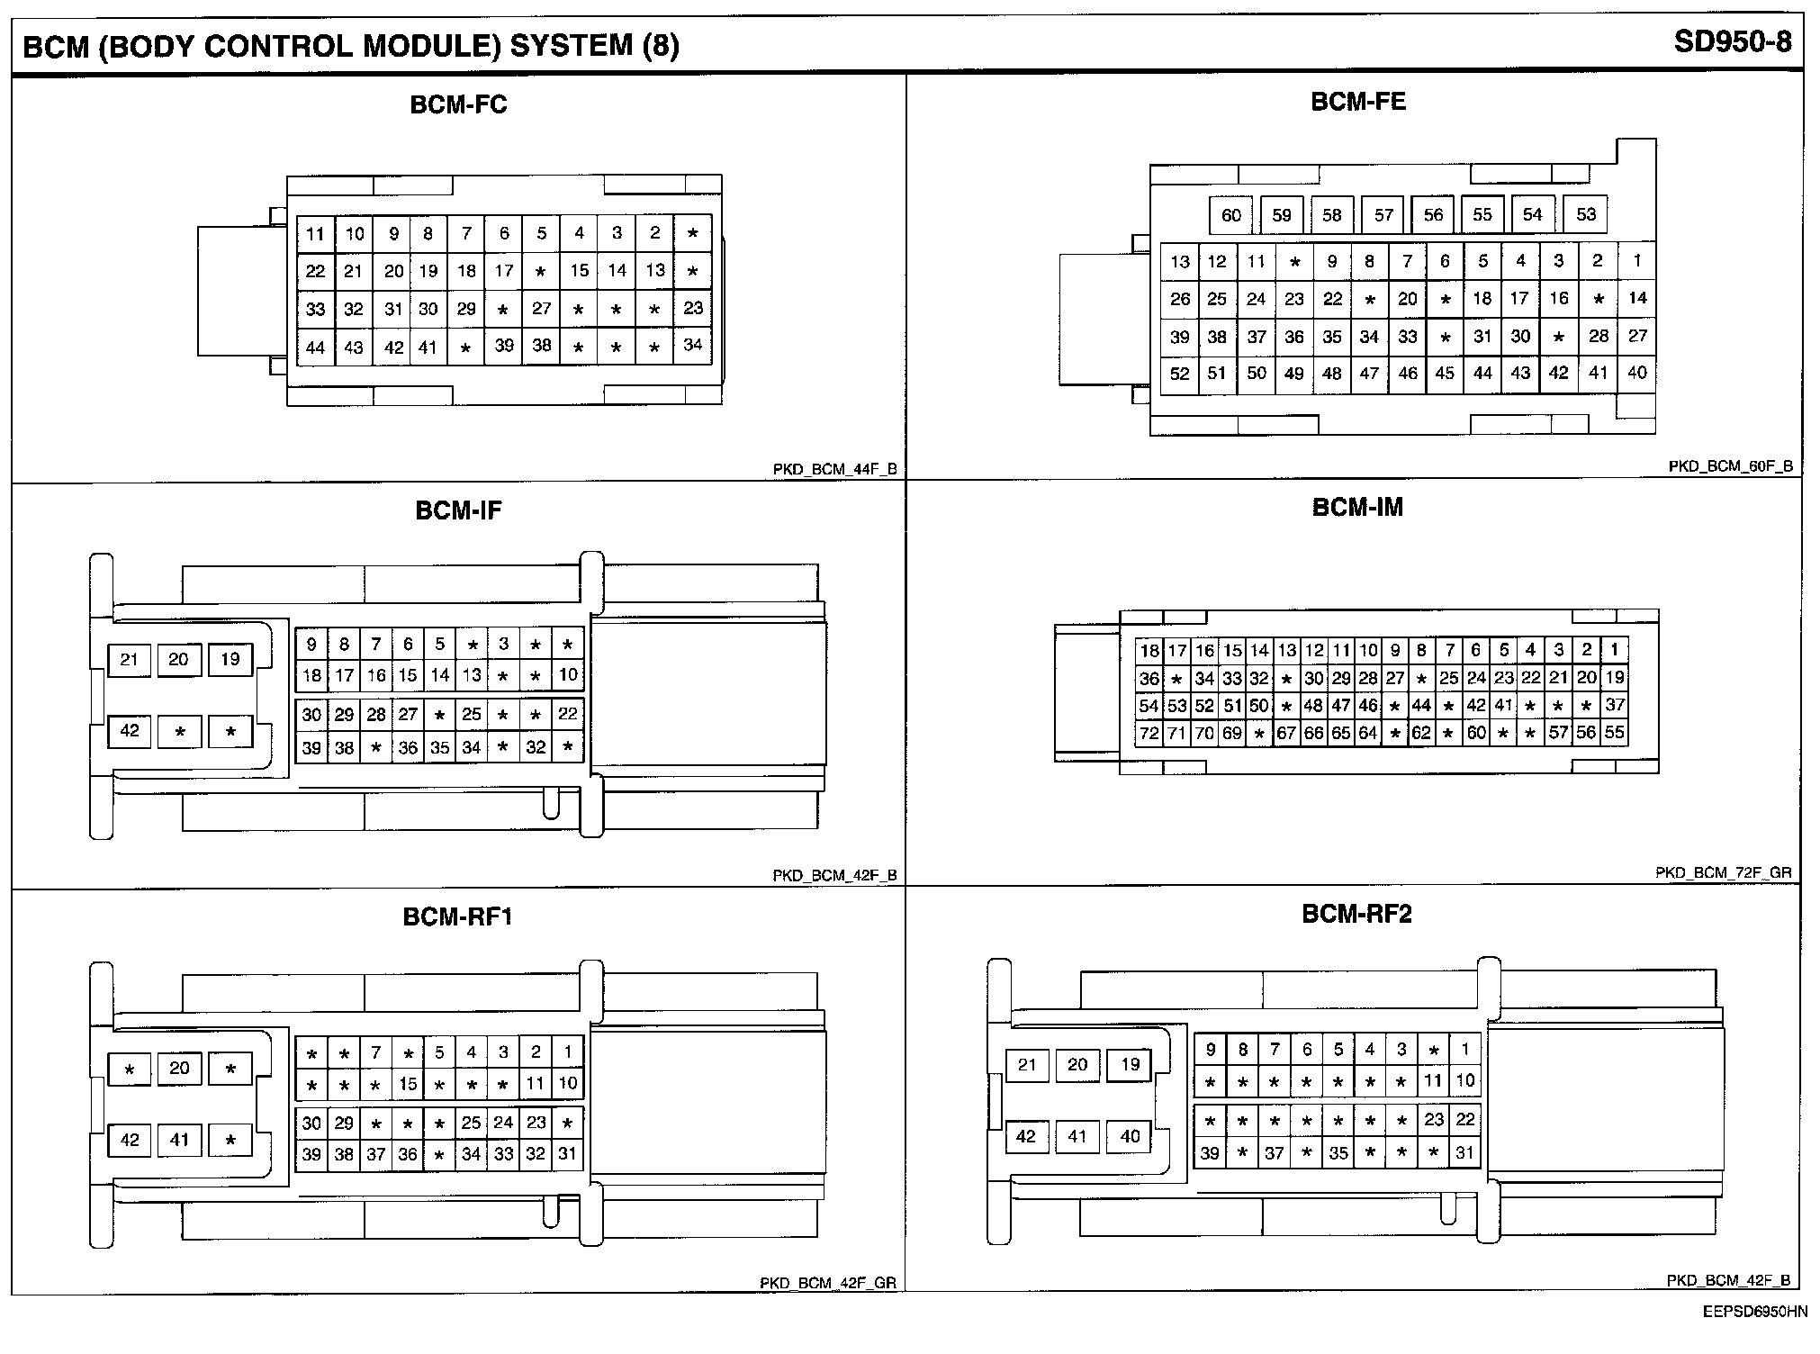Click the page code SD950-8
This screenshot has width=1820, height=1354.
tap(1732, 42)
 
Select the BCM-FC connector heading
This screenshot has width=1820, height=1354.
tap(458, 105)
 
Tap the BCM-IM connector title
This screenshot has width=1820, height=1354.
tap(1357, 508)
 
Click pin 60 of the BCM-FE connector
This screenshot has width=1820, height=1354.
tap(1231, 215)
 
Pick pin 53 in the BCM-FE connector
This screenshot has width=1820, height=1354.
tap(1586, 214)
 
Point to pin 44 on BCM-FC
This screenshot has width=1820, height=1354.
tap(315, 348)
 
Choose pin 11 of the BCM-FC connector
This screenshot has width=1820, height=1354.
tap(315, 235)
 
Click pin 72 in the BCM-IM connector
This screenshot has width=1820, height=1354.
tap(1149, 733)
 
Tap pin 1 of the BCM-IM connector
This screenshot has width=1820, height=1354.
tap(1615, 649)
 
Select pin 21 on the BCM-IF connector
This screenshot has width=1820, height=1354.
tap(130, 660)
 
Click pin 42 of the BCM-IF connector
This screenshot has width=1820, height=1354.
tap(130, 730)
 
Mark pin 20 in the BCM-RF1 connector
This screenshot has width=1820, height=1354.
tap(180, 1068)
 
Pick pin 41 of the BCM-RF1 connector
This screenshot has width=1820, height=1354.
tap(180, 1140)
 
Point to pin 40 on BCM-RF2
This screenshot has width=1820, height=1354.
tap(1131, 1136)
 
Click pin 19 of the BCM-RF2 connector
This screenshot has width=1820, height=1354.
tap(1131, 1065)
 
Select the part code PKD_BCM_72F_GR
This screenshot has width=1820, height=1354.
tap(1723, 872)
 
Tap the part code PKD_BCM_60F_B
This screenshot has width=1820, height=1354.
tap(1730, 466)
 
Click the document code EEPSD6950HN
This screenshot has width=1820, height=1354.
tap(1754, 1312)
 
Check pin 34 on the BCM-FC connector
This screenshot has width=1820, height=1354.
tap(692, 345)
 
